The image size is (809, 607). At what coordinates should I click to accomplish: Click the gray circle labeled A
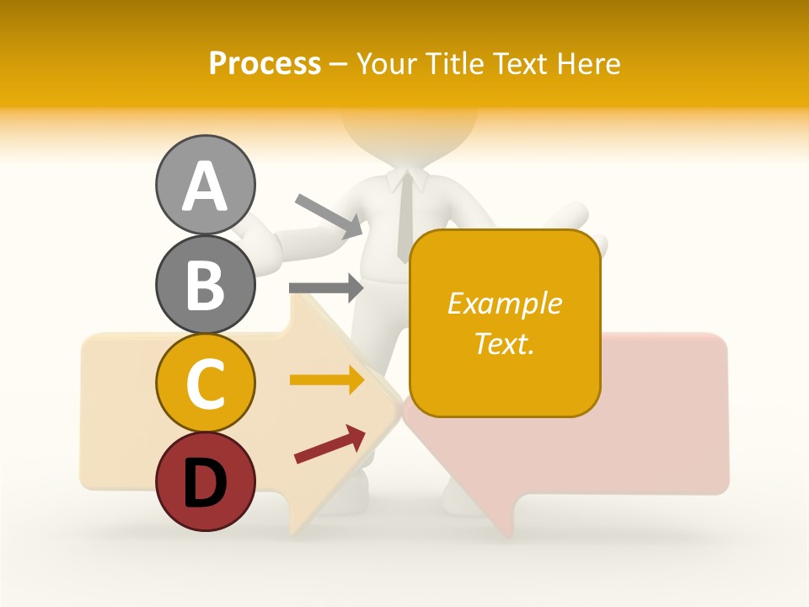205,185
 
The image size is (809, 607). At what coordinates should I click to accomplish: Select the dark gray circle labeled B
205,284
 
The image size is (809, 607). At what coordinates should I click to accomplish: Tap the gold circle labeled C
205,383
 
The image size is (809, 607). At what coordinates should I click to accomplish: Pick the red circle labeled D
205,481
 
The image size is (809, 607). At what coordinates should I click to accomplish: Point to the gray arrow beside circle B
326,287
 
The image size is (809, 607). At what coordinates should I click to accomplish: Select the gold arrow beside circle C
327,380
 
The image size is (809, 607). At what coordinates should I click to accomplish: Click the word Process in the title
265,64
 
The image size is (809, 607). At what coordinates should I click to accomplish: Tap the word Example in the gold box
504,303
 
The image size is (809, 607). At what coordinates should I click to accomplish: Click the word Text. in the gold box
504,343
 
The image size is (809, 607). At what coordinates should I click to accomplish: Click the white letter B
205,284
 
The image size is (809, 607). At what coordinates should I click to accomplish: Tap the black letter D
205,481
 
